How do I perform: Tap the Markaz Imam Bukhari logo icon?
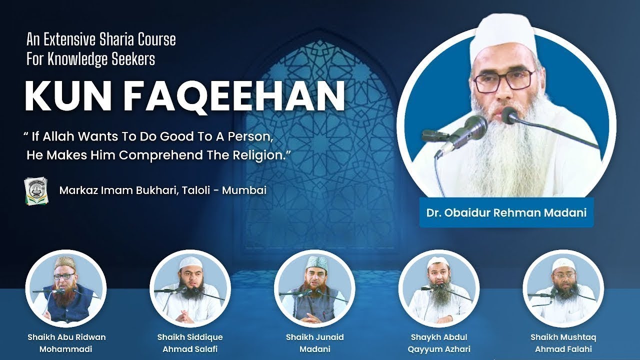point(36,190)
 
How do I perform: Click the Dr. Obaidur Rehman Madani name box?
point(506,212)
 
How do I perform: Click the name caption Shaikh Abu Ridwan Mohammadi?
point(66,343)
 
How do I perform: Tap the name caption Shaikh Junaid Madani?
point(315,343)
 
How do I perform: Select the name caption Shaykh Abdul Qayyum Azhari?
point(439,343)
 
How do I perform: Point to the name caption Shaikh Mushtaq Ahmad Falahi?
point(563,343)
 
